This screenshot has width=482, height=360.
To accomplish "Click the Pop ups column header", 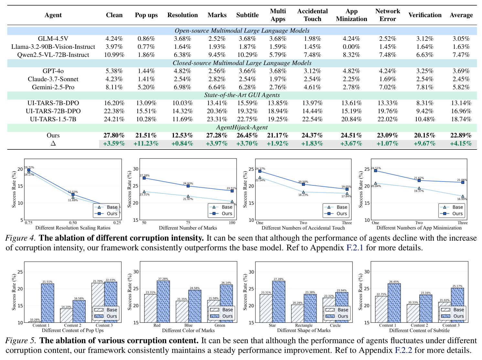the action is pos(146,15).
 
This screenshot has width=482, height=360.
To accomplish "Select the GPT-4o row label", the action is pos(53,71).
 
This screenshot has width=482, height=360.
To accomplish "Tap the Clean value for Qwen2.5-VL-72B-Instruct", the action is pos(114,55).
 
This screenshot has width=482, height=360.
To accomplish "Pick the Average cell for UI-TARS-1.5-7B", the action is pos(461,119).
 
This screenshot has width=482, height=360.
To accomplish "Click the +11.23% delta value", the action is pos(146,143).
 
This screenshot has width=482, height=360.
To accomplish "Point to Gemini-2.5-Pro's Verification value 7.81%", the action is pos(425,87).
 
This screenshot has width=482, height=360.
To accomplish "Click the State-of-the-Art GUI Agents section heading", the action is pos(242,95).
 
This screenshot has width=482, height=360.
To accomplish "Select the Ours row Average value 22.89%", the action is pos(461,135).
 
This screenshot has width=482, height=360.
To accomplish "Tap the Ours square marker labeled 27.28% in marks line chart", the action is pos(144,178).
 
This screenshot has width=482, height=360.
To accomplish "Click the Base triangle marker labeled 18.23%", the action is pos(303,192).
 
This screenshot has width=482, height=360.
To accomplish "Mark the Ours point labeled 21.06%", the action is pos(463,182).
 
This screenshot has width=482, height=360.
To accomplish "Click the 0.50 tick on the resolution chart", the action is pos(73,223).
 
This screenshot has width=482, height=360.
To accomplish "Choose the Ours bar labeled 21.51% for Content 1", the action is pos(48,303).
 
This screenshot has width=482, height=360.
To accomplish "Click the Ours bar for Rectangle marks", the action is pos(310,308).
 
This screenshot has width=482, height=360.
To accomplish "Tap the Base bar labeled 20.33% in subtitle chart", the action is pos(413,313).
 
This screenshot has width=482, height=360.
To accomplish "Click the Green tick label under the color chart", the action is pos(220,325).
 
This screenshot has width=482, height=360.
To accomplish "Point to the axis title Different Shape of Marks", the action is pos(304,330).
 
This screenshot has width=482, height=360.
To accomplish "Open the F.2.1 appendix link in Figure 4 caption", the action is pos(355,247).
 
